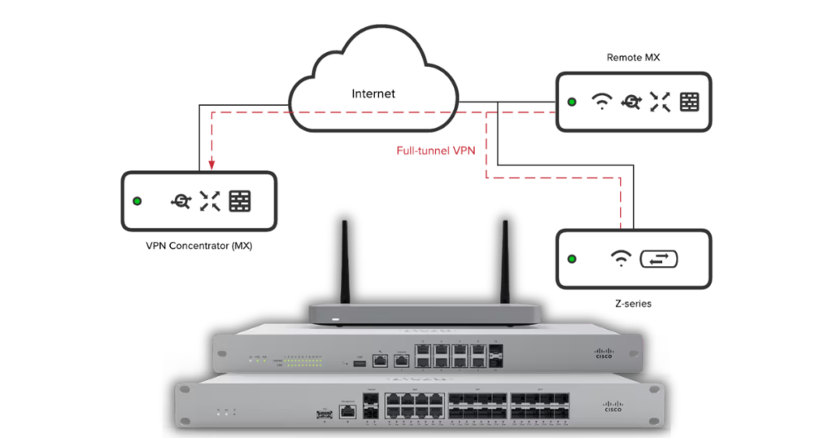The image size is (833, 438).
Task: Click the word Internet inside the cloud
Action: point(373,94)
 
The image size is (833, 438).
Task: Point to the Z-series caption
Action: point(633,303)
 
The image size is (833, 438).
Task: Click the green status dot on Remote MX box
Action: point(572,102)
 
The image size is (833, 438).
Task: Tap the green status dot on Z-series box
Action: point(572,259)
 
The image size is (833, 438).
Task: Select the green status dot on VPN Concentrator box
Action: point(137,201)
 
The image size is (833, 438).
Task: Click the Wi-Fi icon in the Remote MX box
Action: point(601,102)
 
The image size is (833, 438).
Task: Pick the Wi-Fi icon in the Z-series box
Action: point(621,259)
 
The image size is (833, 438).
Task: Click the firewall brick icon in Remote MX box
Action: point(689,102)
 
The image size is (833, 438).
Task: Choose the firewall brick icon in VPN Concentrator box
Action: point(239,201)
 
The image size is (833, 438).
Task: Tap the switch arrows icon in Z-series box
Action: point(659,259)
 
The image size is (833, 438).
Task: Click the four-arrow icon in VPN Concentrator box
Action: point(210,201)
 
